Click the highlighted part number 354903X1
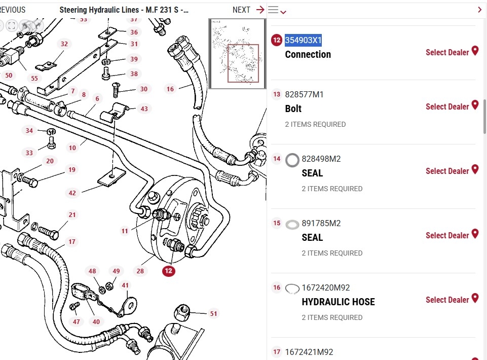pyautogui.click(x=303, y=41)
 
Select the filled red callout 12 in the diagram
pyautogui.click(x=169, y=271)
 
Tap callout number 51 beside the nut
pyautogui.click(x=213, y=314)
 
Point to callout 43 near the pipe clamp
pyautogui.click(x=144, y=109)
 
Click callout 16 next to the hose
pyautogui.click(x=170, y=89)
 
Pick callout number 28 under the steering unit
pyautogui.click(x=140, y=271)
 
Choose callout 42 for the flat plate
pyautogui.click(x=72, y=193)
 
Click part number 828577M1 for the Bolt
pyautogui.click(x=304, y=95)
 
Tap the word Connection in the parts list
pyautogui.click(x=308, y=55)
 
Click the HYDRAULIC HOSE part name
pyautogui.click(x=338, y=302)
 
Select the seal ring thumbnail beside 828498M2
pyautogui.click(x=292, y=160)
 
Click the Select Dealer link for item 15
pyautogui.click(x=447, y=236)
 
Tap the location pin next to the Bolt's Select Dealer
pyautogui.click(x=475, y=105)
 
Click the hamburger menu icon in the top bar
pyautogui.click(x=273, y=10)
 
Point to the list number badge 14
pyautogui.click(x=277, y=159)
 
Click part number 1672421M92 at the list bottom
pyautogui.click(x=309, y=352)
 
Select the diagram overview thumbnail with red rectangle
pyautogui.click(x=237, y=54)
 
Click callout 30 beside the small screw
pyautogui.click(x=144, y=89)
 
